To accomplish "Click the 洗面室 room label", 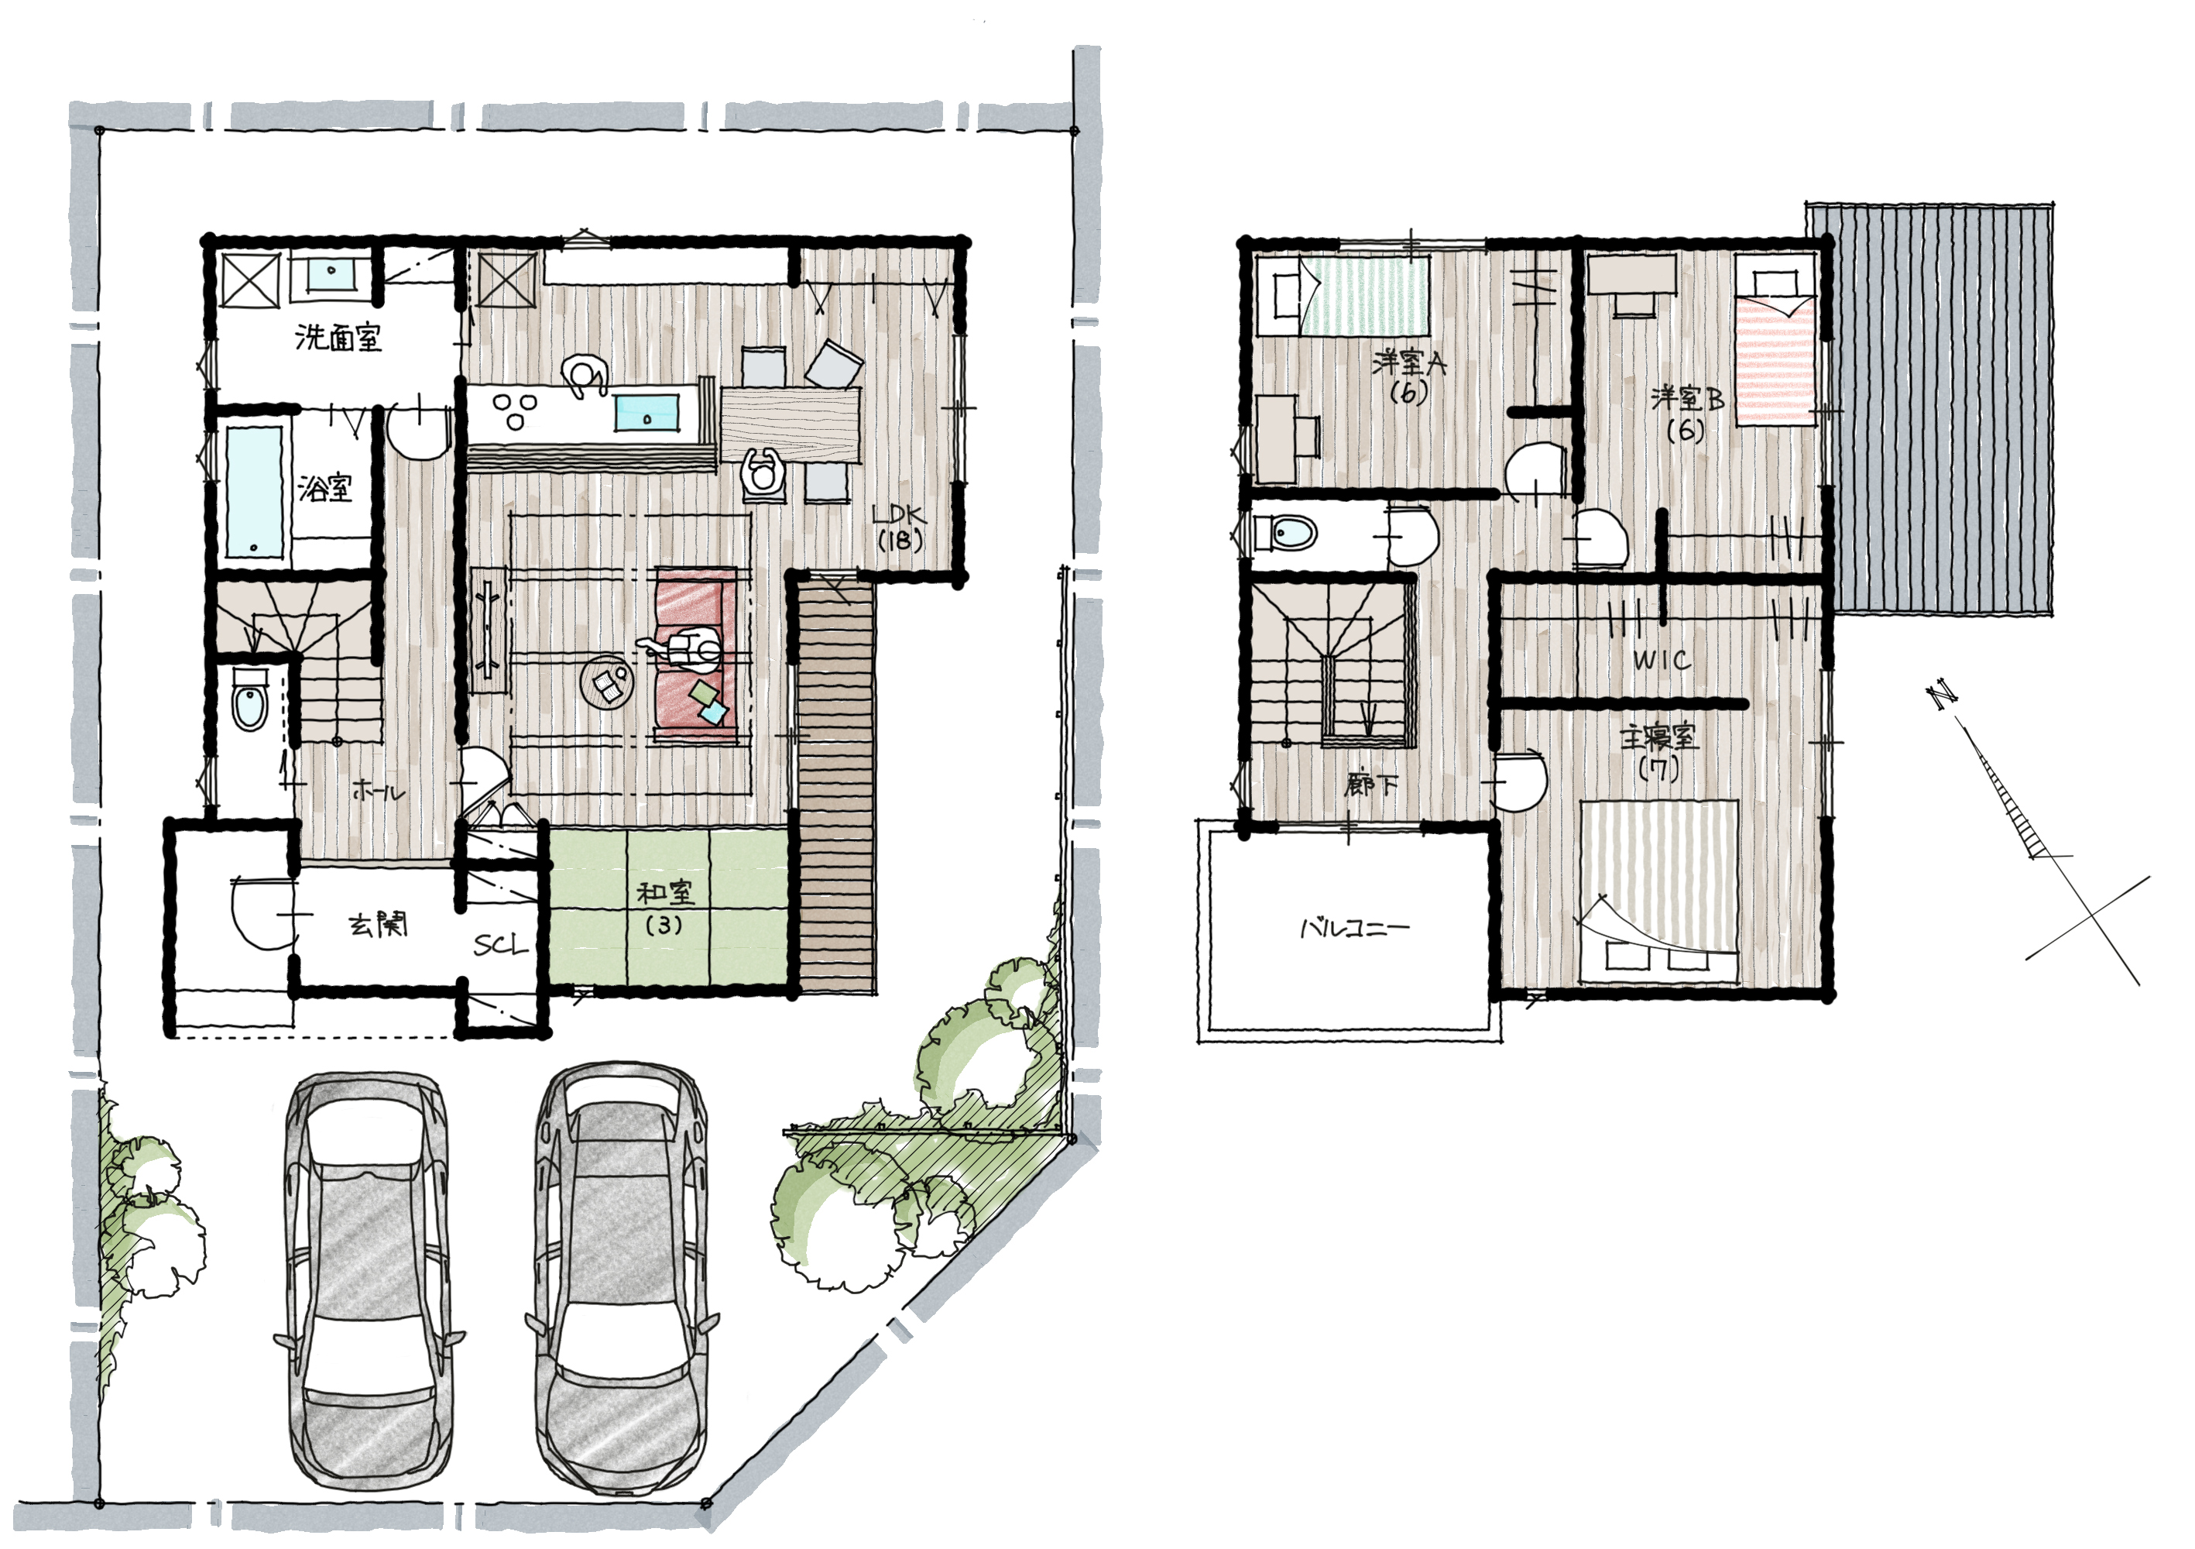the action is coord(338,338).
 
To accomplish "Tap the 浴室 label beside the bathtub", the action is coord(325,489).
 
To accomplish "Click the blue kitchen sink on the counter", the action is coord(648,412).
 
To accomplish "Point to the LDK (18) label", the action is coord(899,529).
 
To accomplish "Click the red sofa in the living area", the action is coord(696,656).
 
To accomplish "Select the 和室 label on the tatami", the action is coord(665,893).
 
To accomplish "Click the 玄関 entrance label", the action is coord(378,925).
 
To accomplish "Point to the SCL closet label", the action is coord(500,946).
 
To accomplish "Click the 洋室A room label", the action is coord(1408,363).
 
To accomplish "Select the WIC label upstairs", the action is coord(1662,660).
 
